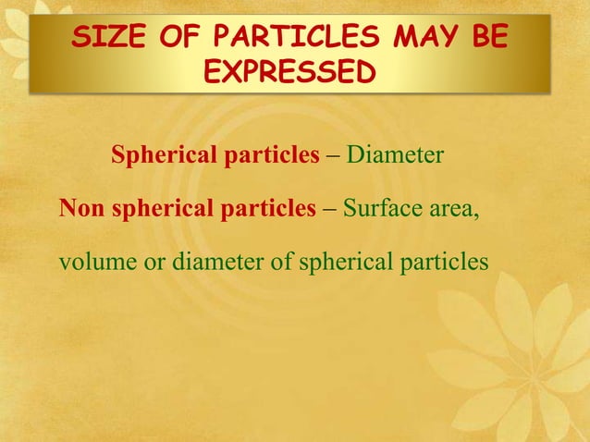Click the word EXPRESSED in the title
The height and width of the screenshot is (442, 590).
[290, 72]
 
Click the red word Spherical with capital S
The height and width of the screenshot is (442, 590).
[163, 155]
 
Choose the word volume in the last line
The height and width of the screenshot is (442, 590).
[96, 264]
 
